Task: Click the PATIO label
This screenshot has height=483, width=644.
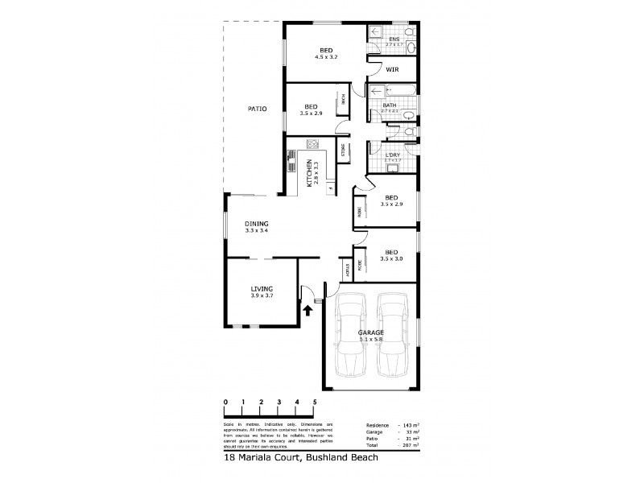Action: pos(257,109)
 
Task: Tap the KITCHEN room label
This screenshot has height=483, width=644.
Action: pos(312,173)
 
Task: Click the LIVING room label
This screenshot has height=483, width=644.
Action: pos(262,288)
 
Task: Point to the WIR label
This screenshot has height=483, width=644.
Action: pos(392,70)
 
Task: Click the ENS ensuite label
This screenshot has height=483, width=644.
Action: pos(394,39)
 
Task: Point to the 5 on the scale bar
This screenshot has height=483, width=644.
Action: pos(315,401)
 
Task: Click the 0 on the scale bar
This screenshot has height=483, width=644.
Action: pos(226,401)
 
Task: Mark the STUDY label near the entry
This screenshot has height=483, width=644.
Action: pos(348,270)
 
